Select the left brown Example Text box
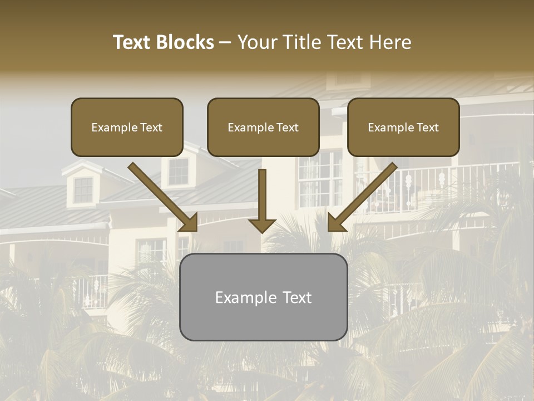pyautogui.click(x=127, y=128)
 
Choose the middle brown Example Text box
pyautogui.click(x=263, y=128)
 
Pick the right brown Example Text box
pyautogui.click(x=403, y=128)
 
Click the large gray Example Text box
pyautogui.click(x=263, y=297)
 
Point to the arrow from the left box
pyautogui.click(x=161, y=195)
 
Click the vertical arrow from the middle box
pyautogui.click(x=262, y=195)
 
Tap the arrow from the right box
pyautogui.click(x=364, y=195)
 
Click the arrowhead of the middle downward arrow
pyautogui.click(x=262, y=224)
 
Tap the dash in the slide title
pyautogui.click(x=225, y=43)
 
